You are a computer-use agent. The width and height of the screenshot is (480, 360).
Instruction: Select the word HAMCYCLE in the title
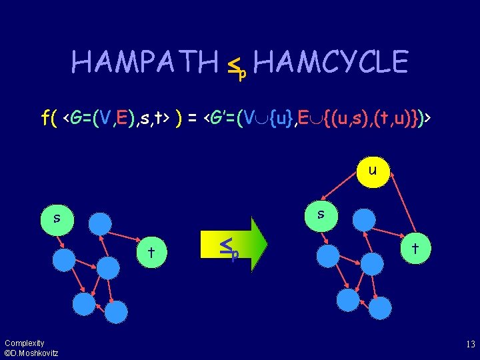click(x=331, y=63)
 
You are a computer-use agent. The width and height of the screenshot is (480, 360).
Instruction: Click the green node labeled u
click(x=372, y=171)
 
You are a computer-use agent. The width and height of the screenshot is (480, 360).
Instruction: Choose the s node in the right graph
click(x=321, y=214)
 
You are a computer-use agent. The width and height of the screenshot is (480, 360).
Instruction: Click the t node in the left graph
click(x=151, y=252)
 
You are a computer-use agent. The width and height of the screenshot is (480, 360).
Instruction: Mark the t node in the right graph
click(x=415, y=247)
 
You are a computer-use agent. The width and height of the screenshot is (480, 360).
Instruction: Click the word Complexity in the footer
click(x=24, y=343)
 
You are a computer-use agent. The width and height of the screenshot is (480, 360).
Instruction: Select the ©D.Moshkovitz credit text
click(x=31, y=353)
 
